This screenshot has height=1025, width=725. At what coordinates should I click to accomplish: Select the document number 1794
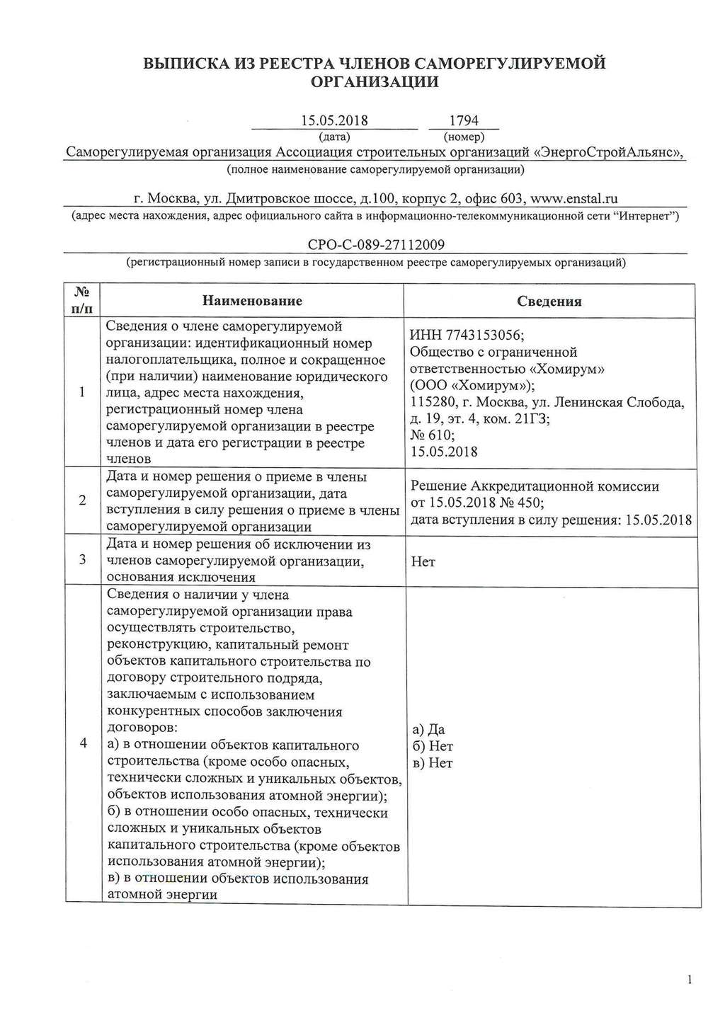464,121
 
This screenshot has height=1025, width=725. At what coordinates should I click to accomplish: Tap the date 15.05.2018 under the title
335,121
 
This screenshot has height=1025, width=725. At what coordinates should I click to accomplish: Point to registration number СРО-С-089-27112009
376,246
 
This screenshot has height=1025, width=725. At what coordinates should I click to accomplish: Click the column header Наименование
252,301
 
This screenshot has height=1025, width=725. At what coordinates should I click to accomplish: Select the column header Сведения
549,302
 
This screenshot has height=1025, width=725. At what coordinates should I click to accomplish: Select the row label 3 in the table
83,560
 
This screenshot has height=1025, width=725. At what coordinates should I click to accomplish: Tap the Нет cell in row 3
423,562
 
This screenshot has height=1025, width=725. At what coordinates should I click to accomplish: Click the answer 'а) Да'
428,730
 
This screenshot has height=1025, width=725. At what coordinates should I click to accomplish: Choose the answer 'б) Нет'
432,746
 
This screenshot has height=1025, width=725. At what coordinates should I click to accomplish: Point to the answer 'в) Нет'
432,763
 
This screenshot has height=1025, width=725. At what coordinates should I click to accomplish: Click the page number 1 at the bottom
689,980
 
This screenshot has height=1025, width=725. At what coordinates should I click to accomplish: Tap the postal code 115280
432,403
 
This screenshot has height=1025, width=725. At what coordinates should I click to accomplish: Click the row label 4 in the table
83,743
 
